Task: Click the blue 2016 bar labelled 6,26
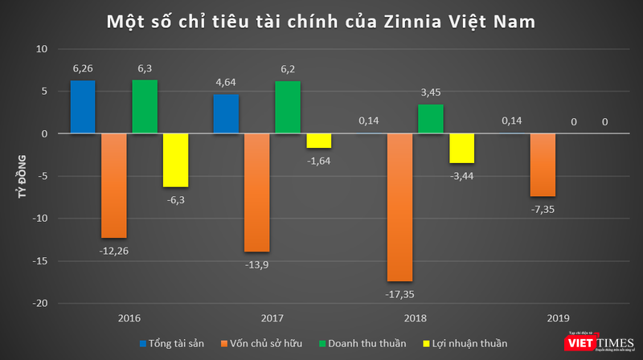click(x=83, y=107)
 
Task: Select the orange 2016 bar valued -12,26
click(x=113, y=186)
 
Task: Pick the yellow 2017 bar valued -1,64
click(x=318, y=141)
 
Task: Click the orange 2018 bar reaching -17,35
click(x=400, y=207)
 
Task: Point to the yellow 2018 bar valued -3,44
click(x=461, y=149)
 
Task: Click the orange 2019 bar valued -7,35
click(x=543, y=165)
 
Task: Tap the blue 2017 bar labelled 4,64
click(x=225, y=114)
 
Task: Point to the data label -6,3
click(x=176, y=199)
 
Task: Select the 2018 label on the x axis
click(x=416, y=318)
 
